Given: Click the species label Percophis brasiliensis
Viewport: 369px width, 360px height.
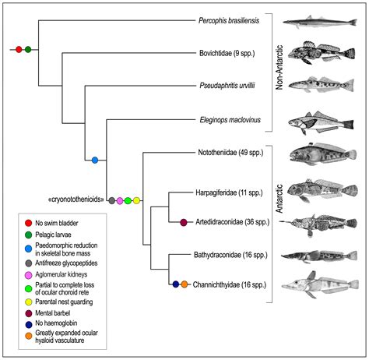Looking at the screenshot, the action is (229, 20).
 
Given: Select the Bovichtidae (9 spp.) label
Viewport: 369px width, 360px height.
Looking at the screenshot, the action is (227, 53).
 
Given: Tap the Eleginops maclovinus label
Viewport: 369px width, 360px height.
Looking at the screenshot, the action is (230, 120).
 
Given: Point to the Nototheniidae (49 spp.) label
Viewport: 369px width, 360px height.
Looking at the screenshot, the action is (230, 153).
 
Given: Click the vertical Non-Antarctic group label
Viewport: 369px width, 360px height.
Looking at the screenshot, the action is (279, 68).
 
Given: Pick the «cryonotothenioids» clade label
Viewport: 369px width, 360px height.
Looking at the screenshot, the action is (76, 199).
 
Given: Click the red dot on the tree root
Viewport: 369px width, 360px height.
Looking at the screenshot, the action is (19, 49).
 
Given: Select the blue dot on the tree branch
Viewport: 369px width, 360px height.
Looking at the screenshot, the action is (95, 160).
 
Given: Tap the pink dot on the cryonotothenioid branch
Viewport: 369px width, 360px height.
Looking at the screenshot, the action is (120, 200).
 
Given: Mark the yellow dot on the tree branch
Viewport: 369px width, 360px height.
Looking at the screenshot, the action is (136, 200).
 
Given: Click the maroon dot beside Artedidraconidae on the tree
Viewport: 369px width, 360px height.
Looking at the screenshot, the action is (184, 222).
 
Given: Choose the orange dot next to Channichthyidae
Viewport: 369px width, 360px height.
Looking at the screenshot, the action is (184, 284).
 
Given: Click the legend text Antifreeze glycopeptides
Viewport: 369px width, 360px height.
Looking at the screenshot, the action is (66, 263).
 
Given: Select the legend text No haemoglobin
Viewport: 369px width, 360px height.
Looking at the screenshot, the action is (56, 323).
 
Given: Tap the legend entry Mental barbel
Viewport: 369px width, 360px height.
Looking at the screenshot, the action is (53, 313).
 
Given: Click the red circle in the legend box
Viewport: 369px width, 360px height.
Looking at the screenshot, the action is (28, 223).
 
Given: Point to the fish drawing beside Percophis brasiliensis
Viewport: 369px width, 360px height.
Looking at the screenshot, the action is (320, 22).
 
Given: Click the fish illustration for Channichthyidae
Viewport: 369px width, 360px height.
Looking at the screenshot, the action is (320, 285).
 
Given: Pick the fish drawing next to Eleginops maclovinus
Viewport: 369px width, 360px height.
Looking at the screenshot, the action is (321, 122).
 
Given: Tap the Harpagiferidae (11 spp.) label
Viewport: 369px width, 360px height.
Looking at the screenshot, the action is (229, 192).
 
